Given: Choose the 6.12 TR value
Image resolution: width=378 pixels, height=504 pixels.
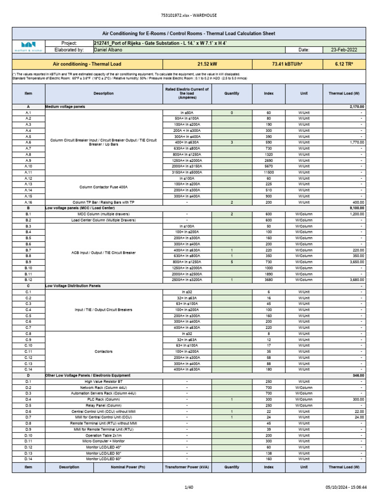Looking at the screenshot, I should click(x=344, y=64).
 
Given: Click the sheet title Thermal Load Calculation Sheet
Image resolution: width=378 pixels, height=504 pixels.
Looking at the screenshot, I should click(x=189, y=33).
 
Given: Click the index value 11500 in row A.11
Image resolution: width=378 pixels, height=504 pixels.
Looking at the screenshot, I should click(x=269, y=172).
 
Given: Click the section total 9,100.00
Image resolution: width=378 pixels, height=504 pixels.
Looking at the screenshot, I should click(x=354, y=208).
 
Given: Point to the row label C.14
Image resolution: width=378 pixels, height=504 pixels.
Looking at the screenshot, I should click(x=28, y=369).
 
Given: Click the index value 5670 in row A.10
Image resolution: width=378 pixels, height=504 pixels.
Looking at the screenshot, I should click(x=269, y=166).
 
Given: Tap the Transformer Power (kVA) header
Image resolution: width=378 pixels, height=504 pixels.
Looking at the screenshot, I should click(x=187, y=467).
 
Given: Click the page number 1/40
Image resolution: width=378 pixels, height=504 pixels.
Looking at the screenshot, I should click(x=189, y=487).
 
